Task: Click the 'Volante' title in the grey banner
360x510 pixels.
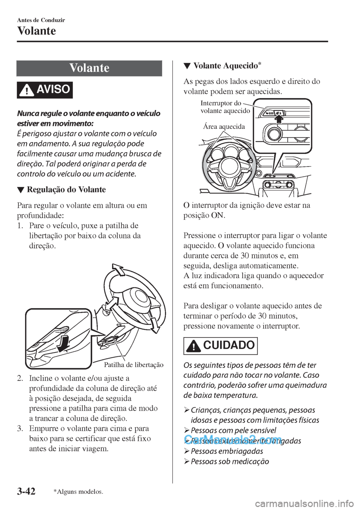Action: click(90, 68)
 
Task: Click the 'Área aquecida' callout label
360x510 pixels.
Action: click(223, 127)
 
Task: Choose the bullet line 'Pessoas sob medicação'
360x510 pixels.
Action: click(229, 461)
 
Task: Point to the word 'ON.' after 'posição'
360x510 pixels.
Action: click(219, 216)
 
